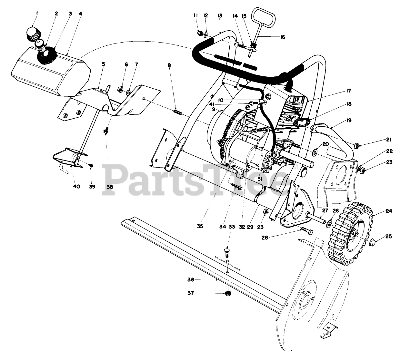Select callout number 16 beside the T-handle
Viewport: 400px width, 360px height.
click(283, 37)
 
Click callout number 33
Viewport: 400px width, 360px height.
click(232, 227)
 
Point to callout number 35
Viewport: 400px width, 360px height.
click(200, 226)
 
